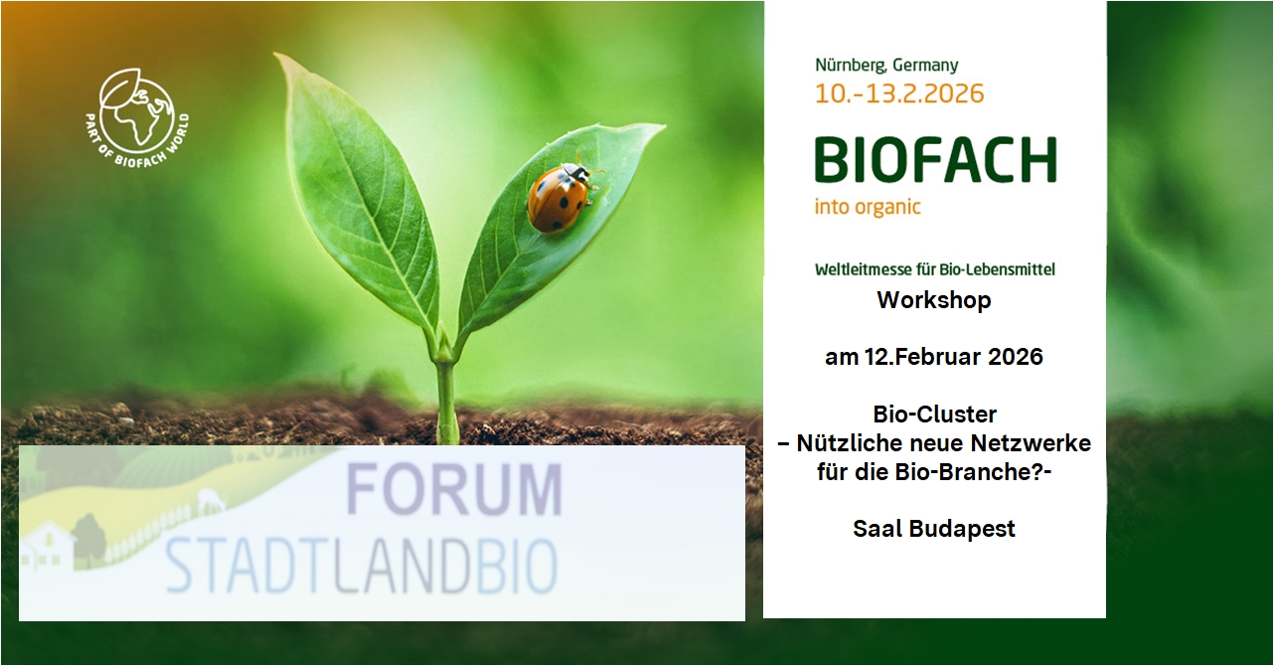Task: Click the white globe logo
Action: click(137, 110)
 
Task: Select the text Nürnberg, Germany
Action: click(886, 66)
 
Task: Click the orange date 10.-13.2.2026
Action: click(899, 94)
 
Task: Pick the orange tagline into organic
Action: click(868, 208)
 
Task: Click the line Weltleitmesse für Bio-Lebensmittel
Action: click(934, 269)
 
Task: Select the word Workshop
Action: click(933, 300)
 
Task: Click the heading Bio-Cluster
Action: click(934, 414)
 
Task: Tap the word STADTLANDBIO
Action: click(361, 567)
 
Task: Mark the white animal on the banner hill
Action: click(210, 500)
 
